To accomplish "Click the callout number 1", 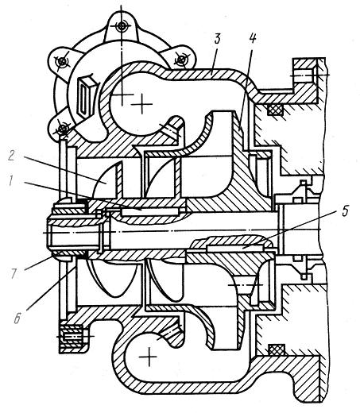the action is (10, 181).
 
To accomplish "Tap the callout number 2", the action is (11, 156).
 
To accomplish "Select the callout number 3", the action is (218, 39).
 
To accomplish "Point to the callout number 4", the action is (252, 39).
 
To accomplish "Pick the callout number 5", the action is (345, 211).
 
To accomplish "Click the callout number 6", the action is (17, 318).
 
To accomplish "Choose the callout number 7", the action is (14, 273).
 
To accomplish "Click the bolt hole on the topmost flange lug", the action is (122, 26).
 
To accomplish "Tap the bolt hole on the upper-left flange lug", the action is (62, 62).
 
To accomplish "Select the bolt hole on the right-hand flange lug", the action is (181, 60).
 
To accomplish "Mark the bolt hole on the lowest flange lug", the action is (63, 129).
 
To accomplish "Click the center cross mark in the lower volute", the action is (149, 357).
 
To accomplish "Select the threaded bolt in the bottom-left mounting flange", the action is (72, 338).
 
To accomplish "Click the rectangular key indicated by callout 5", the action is (234, 248).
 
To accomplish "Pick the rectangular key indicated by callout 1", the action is (149, 212).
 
